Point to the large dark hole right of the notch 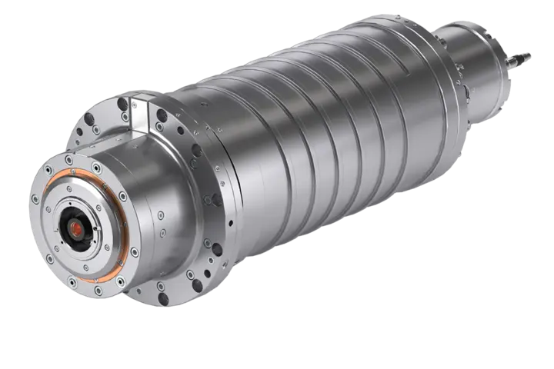click(162, 116)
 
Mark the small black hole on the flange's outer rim click(217, 249)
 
